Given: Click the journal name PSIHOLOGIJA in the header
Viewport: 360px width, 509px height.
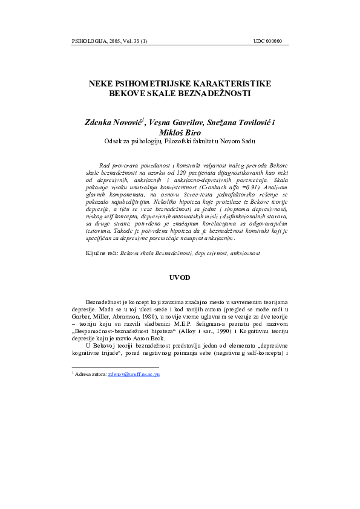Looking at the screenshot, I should pos(88,42).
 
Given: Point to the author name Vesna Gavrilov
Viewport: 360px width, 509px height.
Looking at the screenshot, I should pos(175,122).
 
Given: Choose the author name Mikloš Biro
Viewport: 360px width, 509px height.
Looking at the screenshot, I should pos(180,132).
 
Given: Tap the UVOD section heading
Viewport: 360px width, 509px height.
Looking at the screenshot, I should pos(180,277).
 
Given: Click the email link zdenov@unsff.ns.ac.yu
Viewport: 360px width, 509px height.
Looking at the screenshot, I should pos(134,375).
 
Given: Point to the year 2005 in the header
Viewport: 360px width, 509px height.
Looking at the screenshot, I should pos(114,42).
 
